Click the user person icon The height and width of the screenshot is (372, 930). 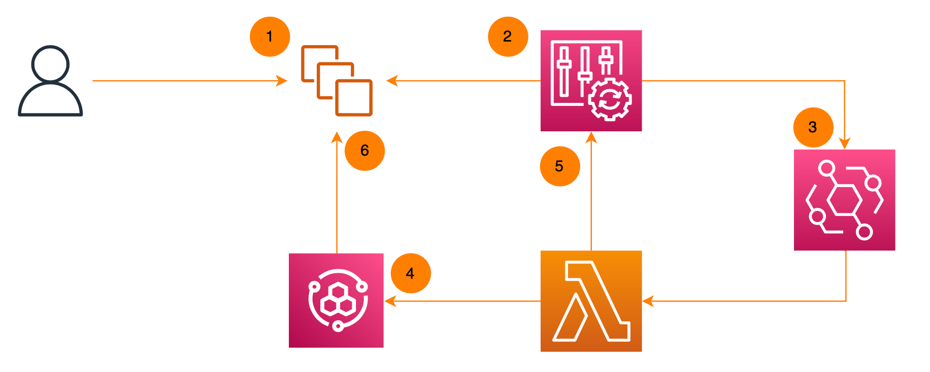[x=50, y=81]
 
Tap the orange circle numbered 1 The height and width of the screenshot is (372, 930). [x=270, y=36]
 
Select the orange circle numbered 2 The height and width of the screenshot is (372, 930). [x=508, y=36]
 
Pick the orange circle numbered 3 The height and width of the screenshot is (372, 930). [x=813, y=127]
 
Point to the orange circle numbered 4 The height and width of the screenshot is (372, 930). [x=411, y=274]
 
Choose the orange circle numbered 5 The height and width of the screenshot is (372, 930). [x=559, y=166]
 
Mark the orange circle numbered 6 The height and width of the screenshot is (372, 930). [x=364, y=151]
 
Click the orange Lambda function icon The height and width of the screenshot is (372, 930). [x=591, y=301]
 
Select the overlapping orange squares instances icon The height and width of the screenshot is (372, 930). [x=337, y=81]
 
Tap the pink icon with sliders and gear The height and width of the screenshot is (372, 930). [x=591, y=81]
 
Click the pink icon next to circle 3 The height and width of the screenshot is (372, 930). [x=844, y=200]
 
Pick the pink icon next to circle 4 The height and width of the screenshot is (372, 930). [x=336, y=301]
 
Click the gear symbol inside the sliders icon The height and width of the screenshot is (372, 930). [x=610, y=99]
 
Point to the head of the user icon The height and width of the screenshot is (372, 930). [x=50, y=63]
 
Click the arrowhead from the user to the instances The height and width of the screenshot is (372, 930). [x=282, y=81]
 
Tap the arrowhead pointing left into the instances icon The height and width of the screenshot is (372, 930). [x=392, y=81]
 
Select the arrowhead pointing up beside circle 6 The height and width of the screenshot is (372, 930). [x=337, y=137]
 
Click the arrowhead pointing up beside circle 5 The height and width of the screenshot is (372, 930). [x=591, y=137]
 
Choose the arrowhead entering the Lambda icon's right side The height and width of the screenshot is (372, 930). [x=648, y=301]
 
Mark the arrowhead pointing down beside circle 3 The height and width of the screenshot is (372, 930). [x=845, y=143]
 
